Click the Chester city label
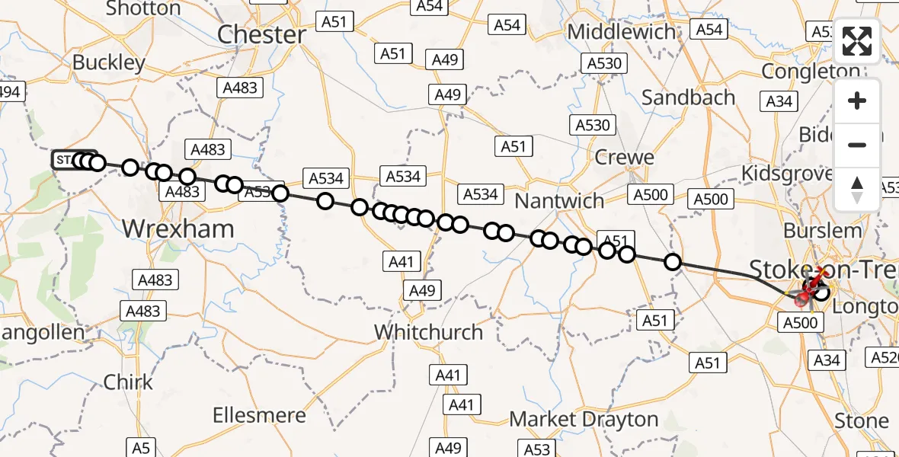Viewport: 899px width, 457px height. pos(261,34)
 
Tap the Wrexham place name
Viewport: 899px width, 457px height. pos(178,228)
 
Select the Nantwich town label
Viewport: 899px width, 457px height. pos(560,202)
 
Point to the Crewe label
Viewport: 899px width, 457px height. pos(625,158)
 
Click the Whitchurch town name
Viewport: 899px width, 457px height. pos(429,332)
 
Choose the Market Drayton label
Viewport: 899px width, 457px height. pos(584,419)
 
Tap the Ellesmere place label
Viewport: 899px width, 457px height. pos(260,416)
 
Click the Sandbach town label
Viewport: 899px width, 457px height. pos(689,97)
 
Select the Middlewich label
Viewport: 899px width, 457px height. pos(622,32)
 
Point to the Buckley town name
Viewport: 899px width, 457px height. pos(109,62)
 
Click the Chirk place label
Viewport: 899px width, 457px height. pos(128,382)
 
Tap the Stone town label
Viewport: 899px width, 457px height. pos(862,421)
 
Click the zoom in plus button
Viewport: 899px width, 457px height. pos(857,101)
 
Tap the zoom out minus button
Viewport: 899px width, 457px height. pos(857,145)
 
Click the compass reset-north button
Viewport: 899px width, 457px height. pos(857,188)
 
